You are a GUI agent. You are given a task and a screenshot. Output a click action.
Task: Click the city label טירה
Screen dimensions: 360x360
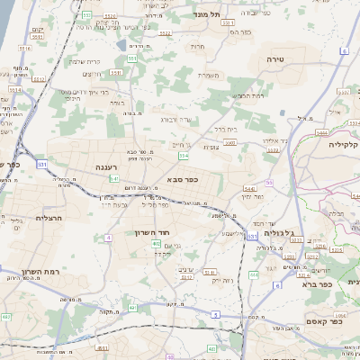click(x=275, y=58)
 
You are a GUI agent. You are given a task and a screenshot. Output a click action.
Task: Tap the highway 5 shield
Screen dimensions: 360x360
click(x=216, y=313)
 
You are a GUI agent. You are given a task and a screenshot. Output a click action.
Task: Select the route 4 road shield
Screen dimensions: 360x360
click(x=108, y=238)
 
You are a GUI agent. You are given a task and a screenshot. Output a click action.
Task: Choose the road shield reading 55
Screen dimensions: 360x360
click(x=268, y=183)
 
